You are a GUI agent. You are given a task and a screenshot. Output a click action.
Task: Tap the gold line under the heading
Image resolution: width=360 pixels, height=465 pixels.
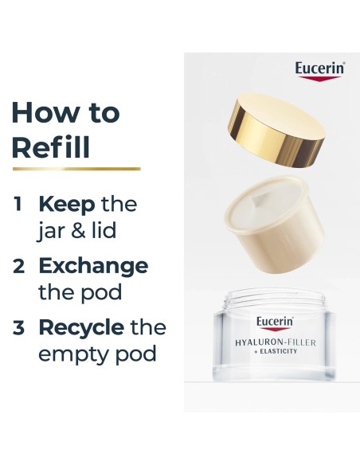[x=76, y=169]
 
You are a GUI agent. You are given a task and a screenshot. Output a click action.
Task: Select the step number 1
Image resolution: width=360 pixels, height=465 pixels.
[x=18, y=205]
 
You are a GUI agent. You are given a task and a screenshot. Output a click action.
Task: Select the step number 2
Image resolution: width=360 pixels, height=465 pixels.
[x=18, y=266]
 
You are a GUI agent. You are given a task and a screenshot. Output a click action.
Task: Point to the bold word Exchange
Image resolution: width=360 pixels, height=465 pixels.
[x=93, y=266]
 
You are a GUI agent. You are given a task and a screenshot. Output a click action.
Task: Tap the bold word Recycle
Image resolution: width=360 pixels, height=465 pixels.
[x=81, y=328]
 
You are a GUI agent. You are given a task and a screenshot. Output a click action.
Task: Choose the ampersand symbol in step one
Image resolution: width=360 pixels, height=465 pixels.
[x=82, y=231]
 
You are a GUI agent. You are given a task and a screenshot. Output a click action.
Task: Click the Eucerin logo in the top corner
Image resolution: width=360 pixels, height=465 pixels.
[x=319, y=69]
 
